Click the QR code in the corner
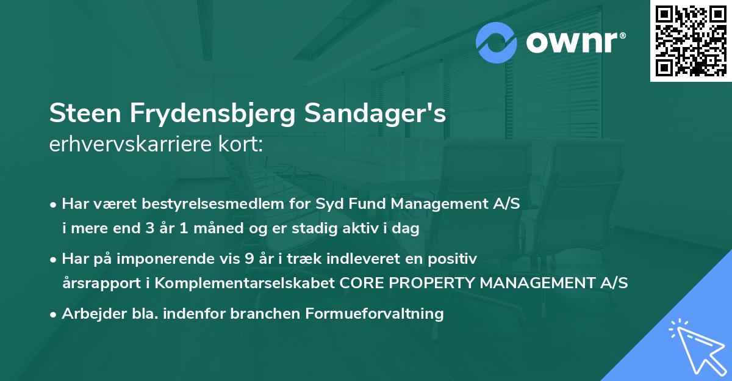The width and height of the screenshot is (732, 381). (691, 41)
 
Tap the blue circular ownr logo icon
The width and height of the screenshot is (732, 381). (497, 42)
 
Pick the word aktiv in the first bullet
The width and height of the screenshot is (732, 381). (359, 228)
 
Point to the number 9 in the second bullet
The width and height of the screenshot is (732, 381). (248, 259)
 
